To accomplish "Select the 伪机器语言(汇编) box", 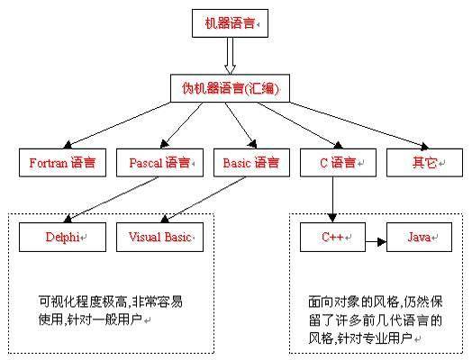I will [230, 88].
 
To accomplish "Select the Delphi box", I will [64, 238].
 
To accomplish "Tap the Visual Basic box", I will [160, 238].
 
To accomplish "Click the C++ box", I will [333, 238].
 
